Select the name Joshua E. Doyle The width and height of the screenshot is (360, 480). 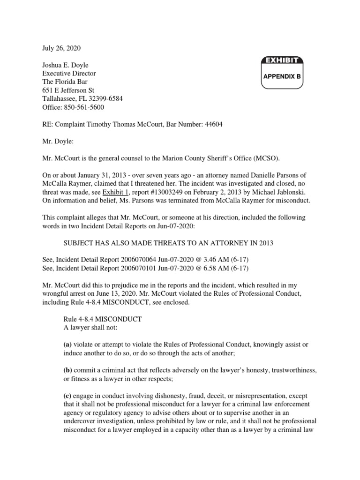60,65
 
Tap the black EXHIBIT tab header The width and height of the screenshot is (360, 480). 281,60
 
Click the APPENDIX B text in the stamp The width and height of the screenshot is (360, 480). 281,75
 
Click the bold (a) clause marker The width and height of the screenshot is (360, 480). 67,344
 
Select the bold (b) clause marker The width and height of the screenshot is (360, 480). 68,369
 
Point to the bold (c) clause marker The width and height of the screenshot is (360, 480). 67,394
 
